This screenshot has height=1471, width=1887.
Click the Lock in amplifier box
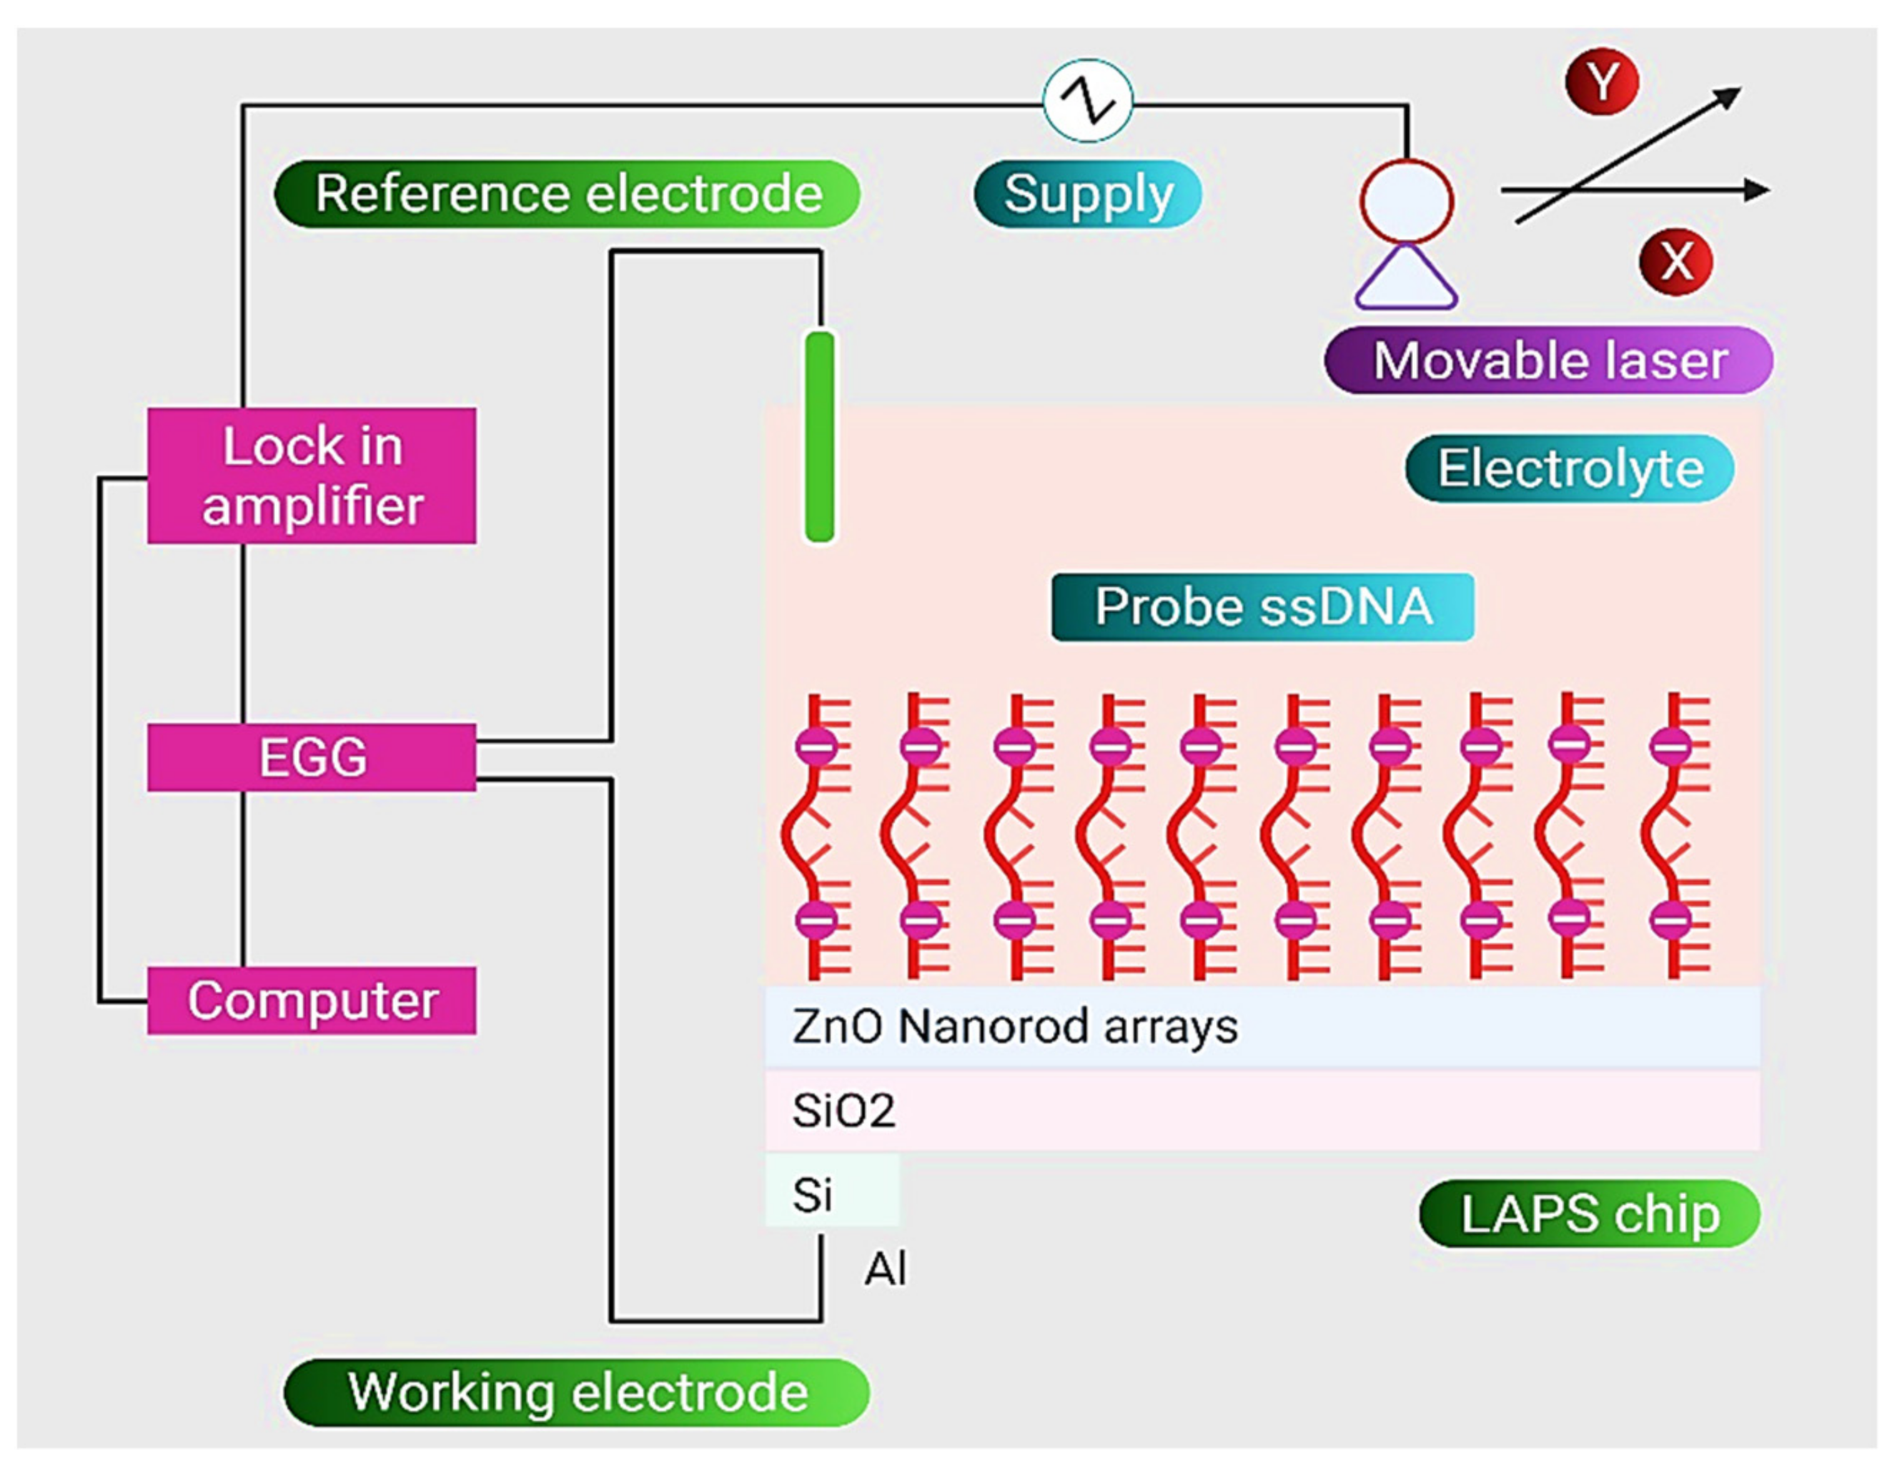(x=311, y=476)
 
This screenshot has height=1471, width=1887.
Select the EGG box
(x=311, y=757)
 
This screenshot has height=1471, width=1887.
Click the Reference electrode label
(x=567, y=194)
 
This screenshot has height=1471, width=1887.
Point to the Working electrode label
(x=576, y=1392)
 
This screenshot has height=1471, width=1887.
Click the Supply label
(x=1087, y=194)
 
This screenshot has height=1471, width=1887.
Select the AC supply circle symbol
(x=1087, y=101)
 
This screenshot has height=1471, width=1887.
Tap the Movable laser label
(x=1548, y=360)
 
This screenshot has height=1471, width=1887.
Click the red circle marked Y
(x=1602, y=82)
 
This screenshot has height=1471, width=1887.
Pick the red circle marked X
(x=1675, y=261)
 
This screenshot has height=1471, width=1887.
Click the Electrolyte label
(x=1569, y=468)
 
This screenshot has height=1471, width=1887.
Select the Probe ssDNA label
(x=1262, y=606)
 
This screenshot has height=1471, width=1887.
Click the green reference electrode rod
(x=819, y=436)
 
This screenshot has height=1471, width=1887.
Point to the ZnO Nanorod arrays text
(x=1014, y=1027)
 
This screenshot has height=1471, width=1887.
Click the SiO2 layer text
(x=843, y=1111)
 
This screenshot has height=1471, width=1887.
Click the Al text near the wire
(x=886, y=1269)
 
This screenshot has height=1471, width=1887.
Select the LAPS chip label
(x=1589, y=1214)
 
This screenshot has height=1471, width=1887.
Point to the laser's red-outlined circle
(x=1406, y=200)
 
